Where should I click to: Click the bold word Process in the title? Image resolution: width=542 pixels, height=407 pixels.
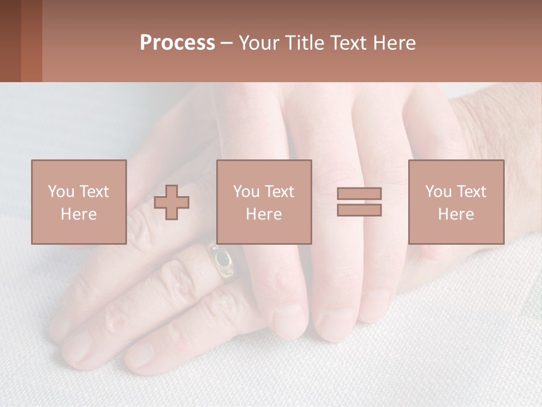click(x=177, y=43)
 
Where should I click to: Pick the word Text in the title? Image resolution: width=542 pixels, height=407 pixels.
click(x=349, y=43)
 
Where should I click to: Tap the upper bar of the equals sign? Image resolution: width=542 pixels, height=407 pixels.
click(x=359, y=193)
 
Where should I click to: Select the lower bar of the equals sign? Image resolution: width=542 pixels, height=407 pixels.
click(x=359, y=210)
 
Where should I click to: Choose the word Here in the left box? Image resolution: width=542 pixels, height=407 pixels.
click(x=78, y=214)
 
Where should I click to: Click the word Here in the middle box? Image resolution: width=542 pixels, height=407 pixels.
click(x=264, y=214)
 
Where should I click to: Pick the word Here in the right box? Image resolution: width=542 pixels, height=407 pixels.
click(x=456, y=214)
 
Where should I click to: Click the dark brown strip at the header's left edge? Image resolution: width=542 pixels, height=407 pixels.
click(x=10, y=41)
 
